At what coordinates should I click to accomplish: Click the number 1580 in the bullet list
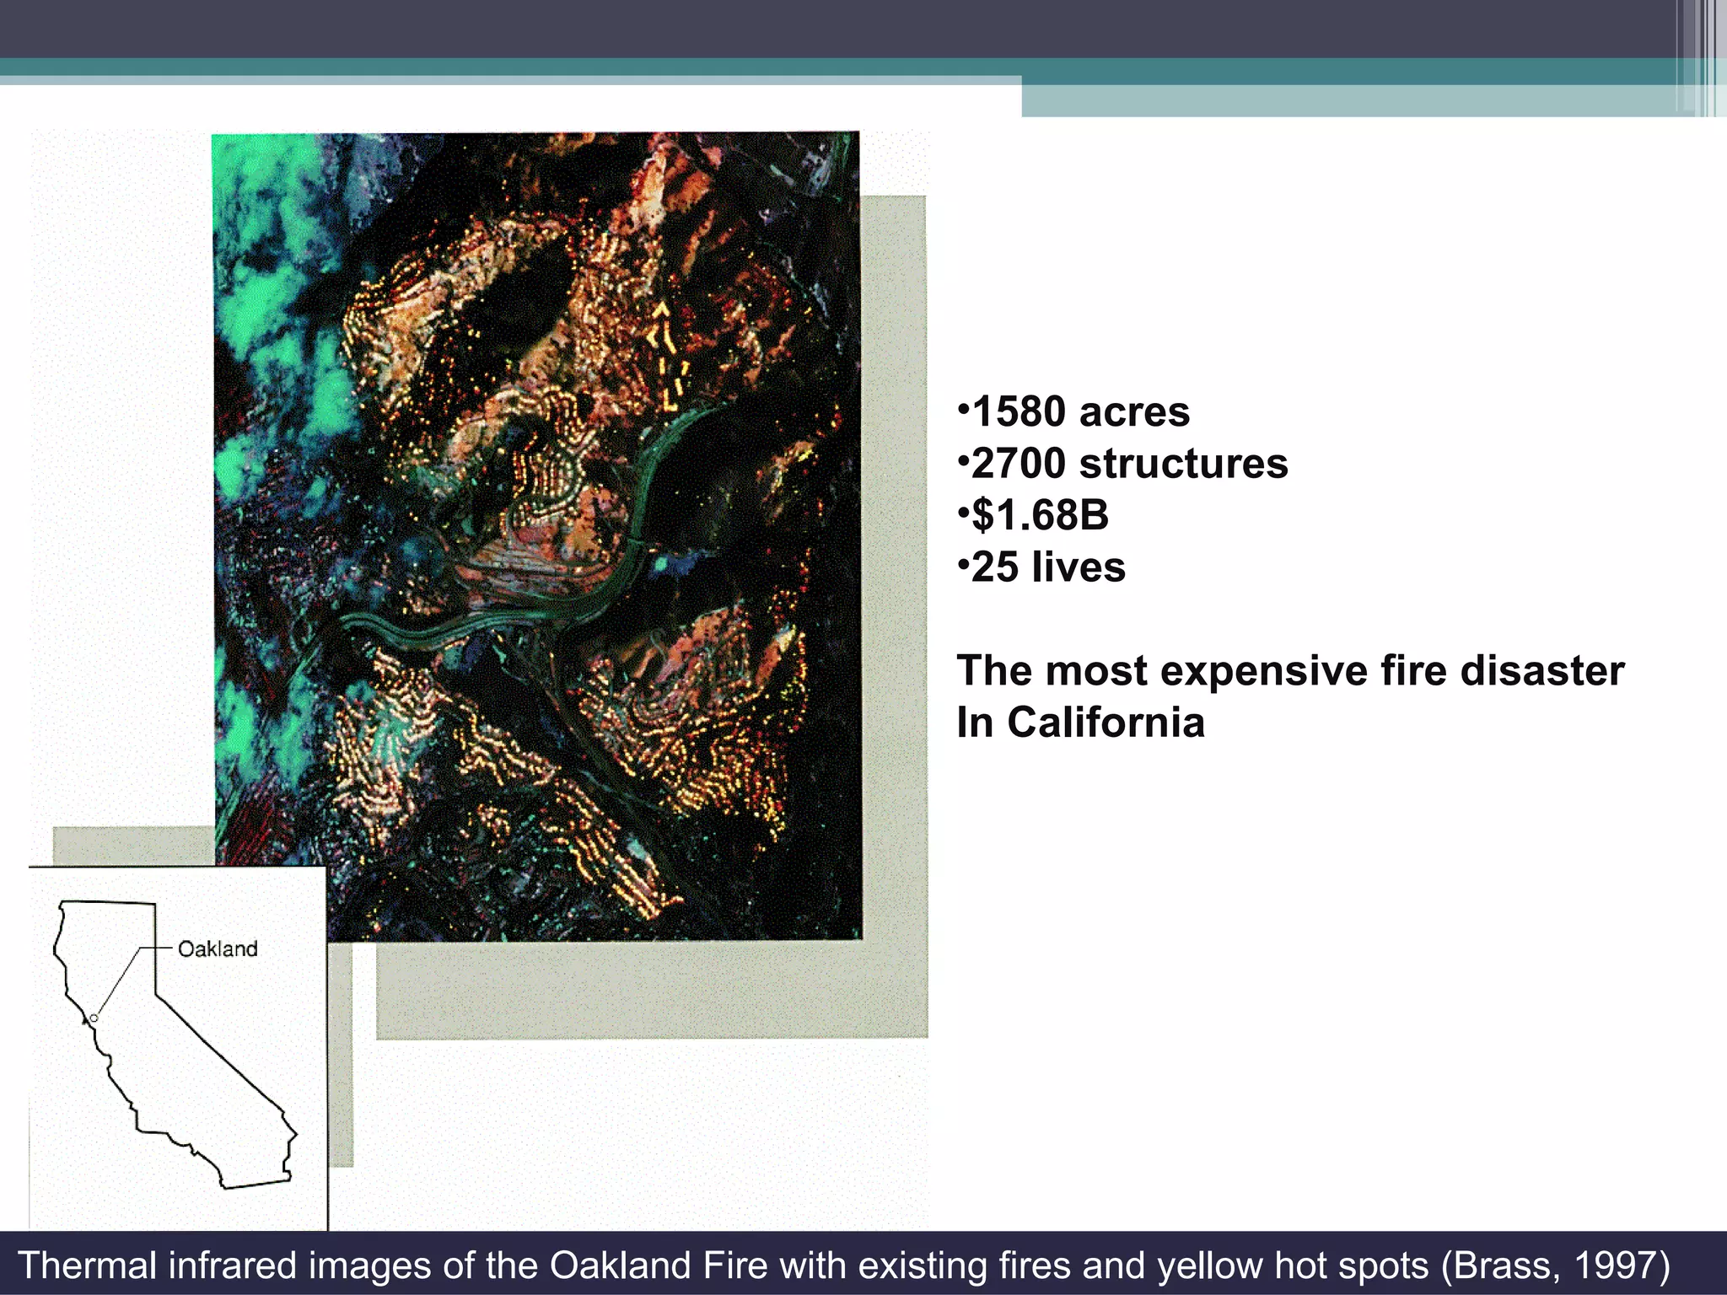click(1019, 412)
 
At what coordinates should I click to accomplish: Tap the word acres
click(1134, 412)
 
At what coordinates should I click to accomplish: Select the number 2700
click(1019, 464)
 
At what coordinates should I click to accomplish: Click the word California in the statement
click(1106, 723)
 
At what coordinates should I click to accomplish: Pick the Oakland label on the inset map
click(218, 949)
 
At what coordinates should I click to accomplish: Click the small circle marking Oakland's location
click(94, 1018)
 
